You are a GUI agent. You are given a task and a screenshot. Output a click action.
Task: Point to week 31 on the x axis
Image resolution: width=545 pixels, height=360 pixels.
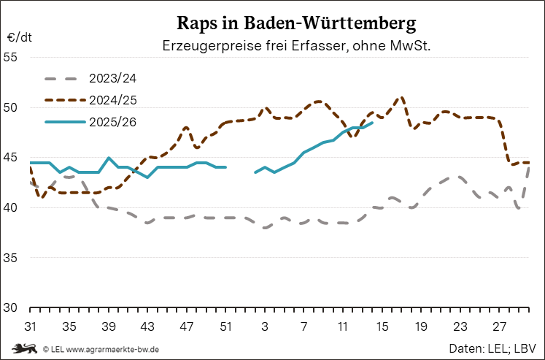[x=31, y=325]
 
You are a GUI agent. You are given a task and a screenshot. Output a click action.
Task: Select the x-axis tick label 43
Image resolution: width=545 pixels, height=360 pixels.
[x=147, y=325]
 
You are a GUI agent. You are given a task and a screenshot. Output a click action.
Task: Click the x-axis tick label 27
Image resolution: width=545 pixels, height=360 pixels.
[x=500, y=325]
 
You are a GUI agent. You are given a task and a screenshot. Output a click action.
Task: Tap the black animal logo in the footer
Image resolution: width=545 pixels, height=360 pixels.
[x=25, y=348]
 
